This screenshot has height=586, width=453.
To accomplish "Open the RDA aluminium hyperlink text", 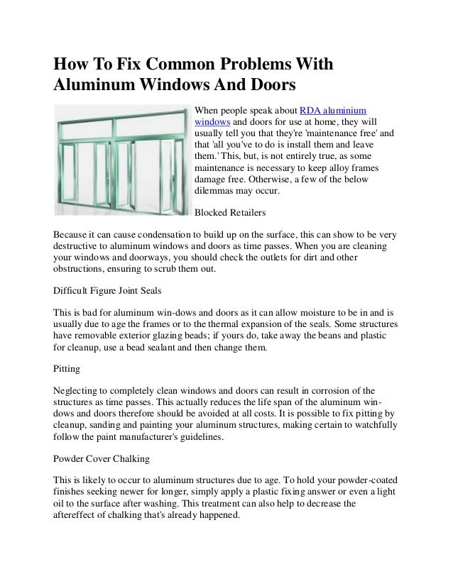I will click(333, 111).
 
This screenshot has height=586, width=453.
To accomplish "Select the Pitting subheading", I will click(67, 370).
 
